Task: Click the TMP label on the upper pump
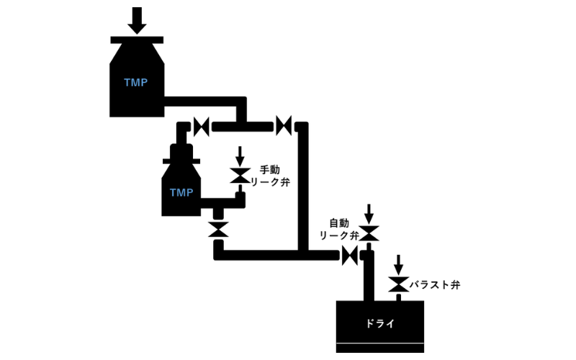click(135, 83)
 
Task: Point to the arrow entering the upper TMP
click(138, 18)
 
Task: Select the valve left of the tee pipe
click(202, 127)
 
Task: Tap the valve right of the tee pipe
click(284, 127)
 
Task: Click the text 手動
click(269, 170)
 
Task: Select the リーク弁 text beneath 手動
click(274, 183)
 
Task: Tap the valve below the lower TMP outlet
click(218, 230)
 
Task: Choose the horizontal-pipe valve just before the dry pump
click(350, 254)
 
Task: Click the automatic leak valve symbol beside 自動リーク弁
click(369, 233)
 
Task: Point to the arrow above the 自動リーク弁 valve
click(369, 213)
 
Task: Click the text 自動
click(339, 222)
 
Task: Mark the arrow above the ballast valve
click(397, 264)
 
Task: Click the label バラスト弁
click(436, 285)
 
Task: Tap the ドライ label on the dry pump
click(380, 323)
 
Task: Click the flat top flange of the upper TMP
click(138, 39)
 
